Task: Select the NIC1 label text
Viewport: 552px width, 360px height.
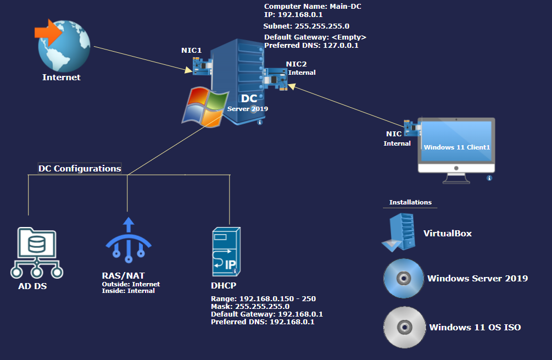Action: coord(192,50)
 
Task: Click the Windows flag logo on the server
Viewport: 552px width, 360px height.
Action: coord(205,106)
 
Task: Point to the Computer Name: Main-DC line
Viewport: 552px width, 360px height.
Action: coord(313,7)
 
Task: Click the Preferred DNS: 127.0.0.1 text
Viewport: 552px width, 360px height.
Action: coord(311,46)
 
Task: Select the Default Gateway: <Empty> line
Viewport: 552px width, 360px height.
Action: coord(315,37)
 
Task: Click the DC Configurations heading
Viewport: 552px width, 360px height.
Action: coord(80,168)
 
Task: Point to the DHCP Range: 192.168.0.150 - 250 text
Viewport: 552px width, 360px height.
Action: coord(263,299)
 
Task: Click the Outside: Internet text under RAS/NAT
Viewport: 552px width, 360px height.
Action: coord(131,284)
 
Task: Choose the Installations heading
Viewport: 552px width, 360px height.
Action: coord(410,202)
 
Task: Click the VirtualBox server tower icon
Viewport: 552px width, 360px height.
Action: coord(400,232)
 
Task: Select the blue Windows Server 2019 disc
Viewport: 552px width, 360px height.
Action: coord(404,278)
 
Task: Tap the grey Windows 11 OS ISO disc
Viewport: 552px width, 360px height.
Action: coord(404,327)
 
